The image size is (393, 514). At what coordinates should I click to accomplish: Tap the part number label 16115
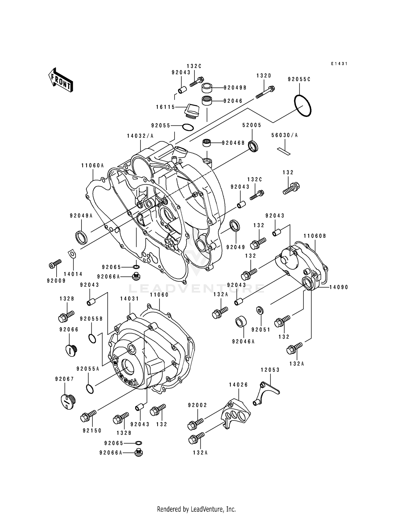pyautogui.click(x=165, y=107)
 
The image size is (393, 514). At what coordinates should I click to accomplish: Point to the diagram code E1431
pyautogui.click(x=339, y=64)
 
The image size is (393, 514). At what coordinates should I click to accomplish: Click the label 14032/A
pyautogui.click(x=140, y=136)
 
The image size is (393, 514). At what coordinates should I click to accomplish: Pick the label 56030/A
pyautogui.click(x=285, y=135)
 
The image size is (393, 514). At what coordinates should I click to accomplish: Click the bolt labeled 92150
pyautogui.click(x=88, y=416)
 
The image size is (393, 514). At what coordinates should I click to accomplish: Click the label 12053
pyautogui.click(x=270, y=370)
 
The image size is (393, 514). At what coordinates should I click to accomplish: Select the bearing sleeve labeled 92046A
pyautogui.click(x=241, y=322)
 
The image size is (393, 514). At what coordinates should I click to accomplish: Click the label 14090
pyautogui.click(x=339, y=287)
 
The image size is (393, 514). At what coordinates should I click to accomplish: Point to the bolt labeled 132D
pyautogui.click(x=265, y=92)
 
